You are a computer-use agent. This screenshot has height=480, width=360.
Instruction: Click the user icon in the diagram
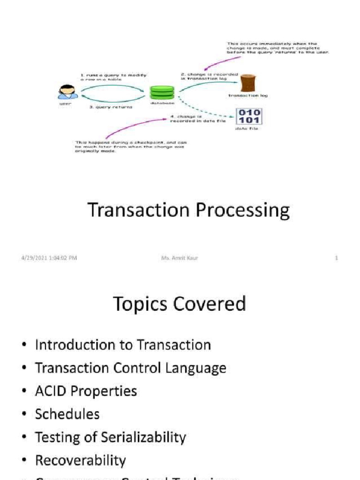click(x=67, y=92)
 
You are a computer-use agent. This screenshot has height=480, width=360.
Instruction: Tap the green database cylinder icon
click(x=162, y=92)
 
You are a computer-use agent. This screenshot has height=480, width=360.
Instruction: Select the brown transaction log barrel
click(x=247, y=83)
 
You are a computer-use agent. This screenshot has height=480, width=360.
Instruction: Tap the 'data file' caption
click(x=247, y=128)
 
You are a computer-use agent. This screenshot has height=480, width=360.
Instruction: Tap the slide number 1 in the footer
click(x=336, y=258)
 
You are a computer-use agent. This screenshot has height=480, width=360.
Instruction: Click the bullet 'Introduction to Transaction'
click(x=123, y=345)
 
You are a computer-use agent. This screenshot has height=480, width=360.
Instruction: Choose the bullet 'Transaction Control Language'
click(x=130, y=368)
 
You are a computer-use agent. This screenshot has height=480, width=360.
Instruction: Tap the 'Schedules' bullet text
click(x=67, y=414)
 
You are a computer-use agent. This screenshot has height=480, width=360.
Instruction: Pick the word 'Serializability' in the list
click(x=140, y=437)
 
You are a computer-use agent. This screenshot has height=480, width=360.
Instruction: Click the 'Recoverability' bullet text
click(x=80, y=460)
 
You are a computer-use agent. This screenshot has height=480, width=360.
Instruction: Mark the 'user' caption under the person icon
click(x=65, y=104)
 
